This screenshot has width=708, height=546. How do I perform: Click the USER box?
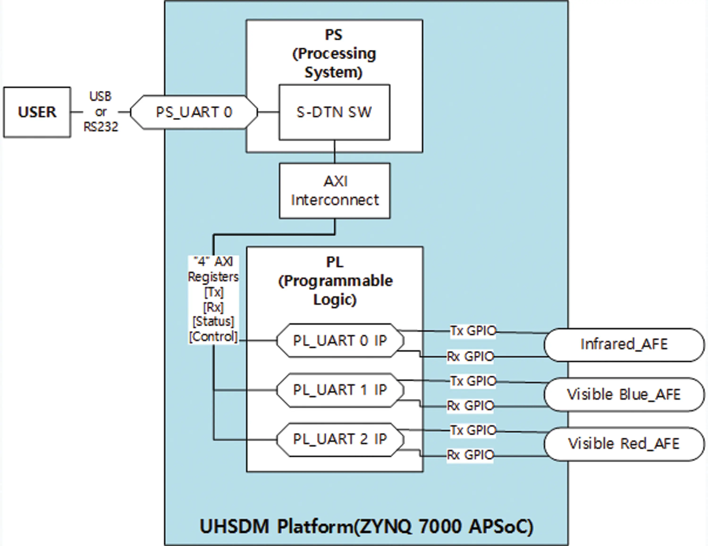click(37, 112)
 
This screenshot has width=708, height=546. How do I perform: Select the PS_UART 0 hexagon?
click(194, 112)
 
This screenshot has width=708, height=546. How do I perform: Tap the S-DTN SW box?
click(334, 112)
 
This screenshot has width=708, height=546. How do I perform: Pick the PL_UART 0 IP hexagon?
click(340, 340)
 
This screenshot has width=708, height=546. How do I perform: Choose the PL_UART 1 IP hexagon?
click(340, 390)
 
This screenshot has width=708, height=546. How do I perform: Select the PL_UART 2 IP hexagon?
click(340, 439)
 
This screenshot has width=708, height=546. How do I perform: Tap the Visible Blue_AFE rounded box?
click(624, 394)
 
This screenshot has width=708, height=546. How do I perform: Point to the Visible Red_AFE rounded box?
click(624, 444)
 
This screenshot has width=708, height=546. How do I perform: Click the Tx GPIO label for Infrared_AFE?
click(473, 331)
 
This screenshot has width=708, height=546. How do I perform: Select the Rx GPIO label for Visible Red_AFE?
click(470, 455)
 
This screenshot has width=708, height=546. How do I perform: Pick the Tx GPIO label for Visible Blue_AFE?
click(473, 381)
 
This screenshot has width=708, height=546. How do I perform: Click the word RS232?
click(101, 127)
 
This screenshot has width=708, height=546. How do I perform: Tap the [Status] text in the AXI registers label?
click(213, 321)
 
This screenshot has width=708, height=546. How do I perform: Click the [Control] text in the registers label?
click(213, 337)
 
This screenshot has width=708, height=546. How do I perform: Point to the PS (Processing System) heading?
click(334, 54)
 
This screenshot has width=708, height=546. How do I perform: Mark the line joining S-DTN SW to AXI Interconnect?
click(335, 152)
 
